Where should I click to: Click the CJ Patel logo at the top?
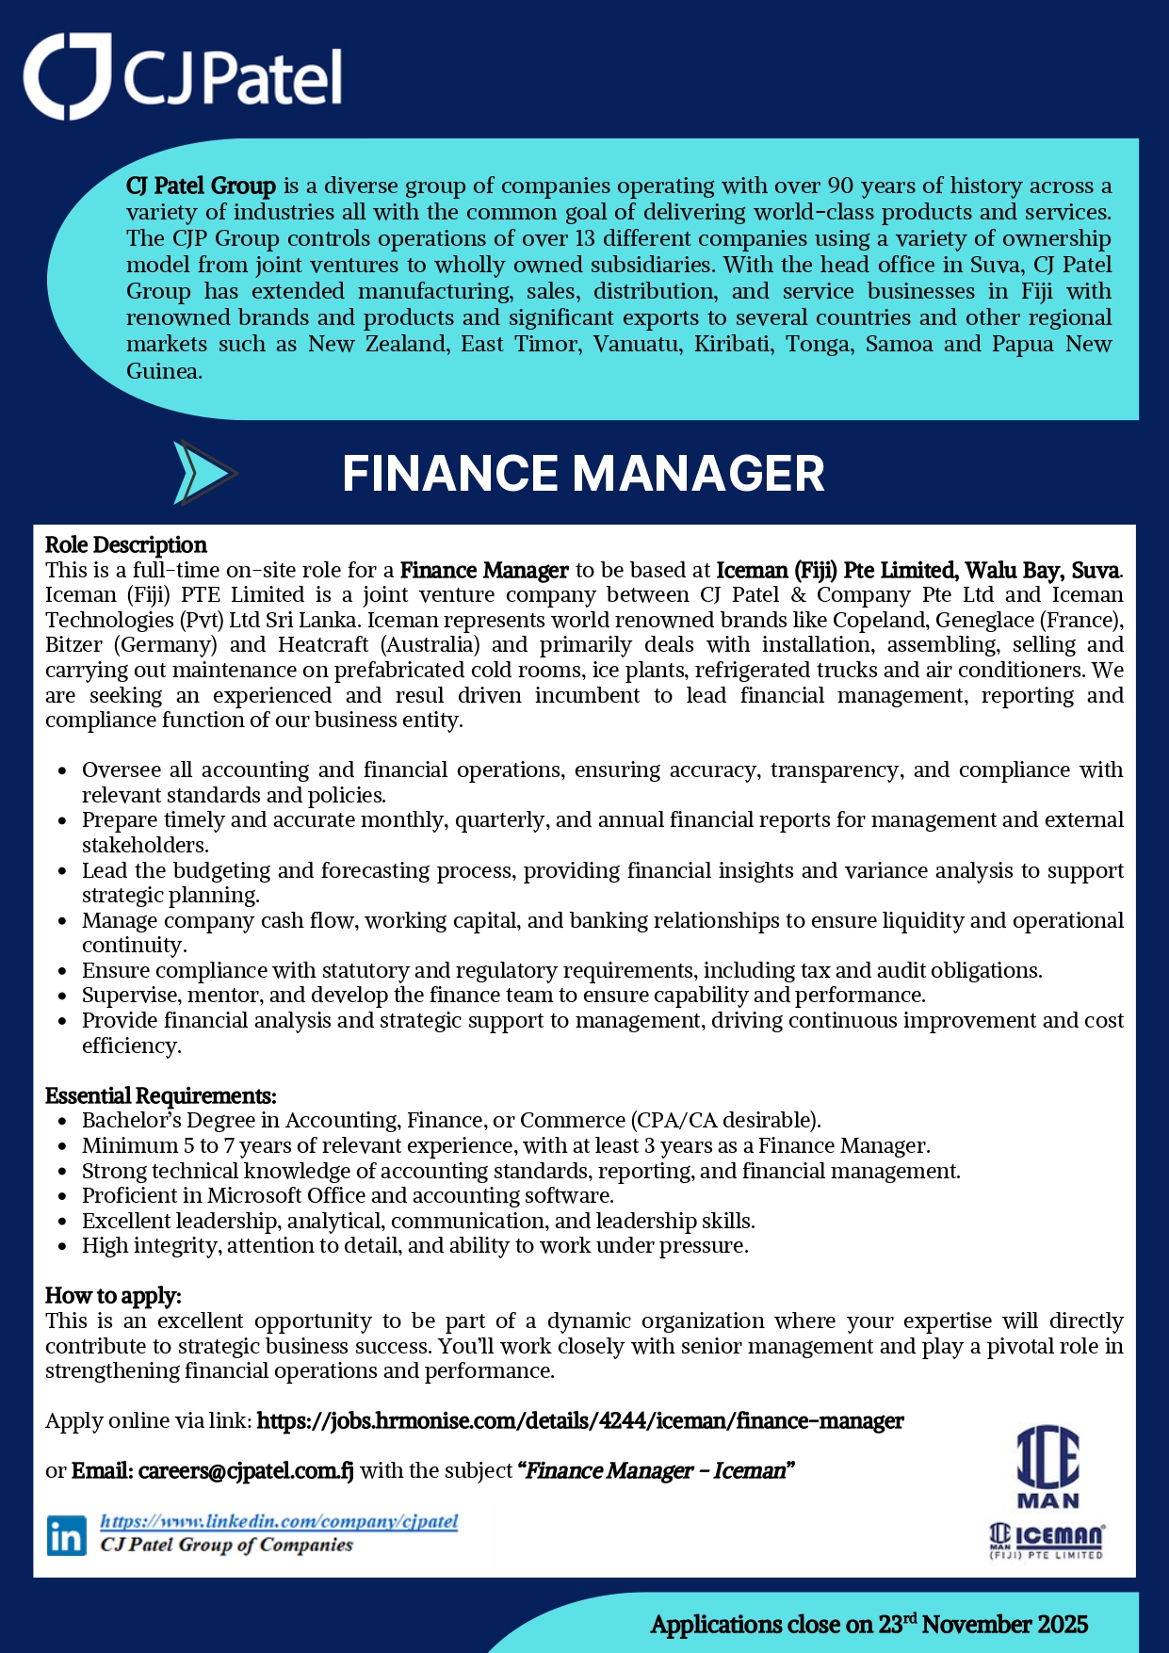coord(183,76)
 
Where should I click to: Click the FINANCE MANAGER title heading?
coord(583,473)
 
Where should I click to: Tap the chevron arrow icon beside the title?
coord(204,473)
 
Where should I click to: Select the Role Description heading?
coord(126,545)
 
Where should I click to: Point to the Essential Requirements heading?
coord(161,1095)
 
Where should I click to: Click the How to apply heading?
coord(113,1296)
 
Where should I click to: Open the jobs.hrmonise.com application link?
coord(580,1420)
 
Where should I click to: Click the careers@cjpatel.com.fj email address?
coord(246,1470)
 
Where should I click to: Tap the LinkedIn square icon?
coord(66,1536)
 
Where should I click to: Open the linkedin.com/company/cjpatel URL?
coord(279,1521)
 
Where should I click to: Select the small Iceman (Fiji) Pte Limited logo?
coord(1047,1541)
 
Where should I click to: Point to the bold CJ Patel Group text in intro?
coord(201,186)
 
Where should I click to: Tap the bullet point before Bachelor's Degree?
coord(62,1122)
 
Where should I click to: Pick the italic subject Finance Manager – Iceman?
coord(656,1470)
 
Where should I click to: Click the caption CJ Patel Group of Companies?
coord(227,1545)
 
